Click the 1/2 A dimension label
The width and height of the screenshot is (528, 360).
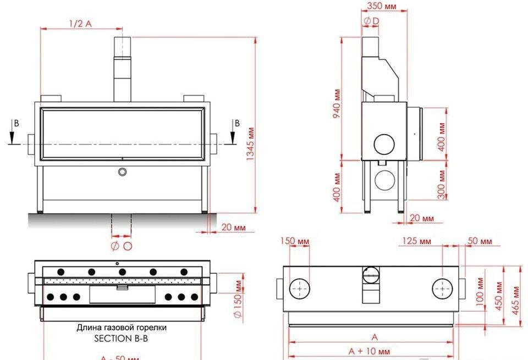(x=80, y=23)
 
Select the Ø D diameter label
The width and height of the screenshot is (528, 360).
(x=371, y=21)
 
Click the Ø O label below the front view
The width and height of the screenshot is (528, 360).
(x=122, y=246)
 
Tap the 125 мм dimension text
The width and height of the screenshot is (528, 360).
(x=417, y=241)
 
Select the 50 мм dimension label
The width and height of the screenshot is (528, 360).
(x=480, y=241)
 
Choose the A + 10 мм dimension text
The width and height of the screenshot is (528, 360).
(x=370, y=351)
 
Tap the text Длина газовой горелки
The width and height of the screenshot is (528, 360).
(x=122, y=328)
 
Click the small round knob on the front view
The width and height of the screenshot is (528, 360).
(x=122, y=172)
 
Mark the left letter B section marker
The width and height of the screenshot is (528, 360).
(x=16, y=124)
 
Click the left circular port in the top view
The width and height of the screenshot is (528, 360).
(x=300, y=288)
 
